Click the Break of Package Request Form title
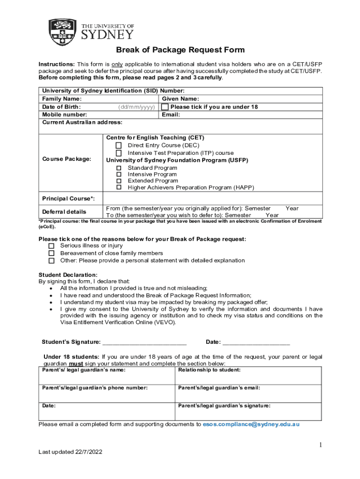pyautogui.click(x=180, y=50)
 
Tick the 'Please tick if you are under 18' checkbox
pyautogui.click(x=165, y=107)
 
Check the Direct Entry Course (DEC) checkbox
pyautogui.click(x=119, y=145)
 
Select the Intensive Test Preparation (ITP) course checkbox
pyautogui.click(x=119, y=153)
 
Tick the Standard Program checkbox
pyautogui.click(x=119, y=168)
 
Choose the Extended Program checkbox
pyautogui.click(x=119, y=181)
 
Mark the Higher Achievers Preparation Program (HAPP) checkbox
pyautogui.click(x=119, y=188)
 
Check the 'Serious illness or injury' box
pyautogui.click(x=51, y=246)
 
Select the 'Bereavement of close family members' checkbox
pyautogui.click(x=51, y=254)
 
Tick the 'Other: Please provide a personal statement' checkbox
pyautogui.click(x=51, y=261)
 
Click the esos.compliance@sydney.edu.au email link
pyautogui.click(x=251, y=424)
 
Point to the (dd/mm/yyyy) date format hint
pyautogui.click(x=137, y=107)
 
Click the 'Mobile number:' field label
pyautogui.click(x=65, y=115)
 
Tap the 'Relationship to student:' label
pyautogui.click(x=209, y=370)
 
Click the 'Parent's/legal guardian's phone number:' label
pyautogui.click(x=95, y=388)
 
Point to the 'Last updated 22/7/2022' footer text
pyautogui.click(x=70, y=452)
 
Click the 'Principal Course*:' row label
pyautogui.click(x=68, y=199)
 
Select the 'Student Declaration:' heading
pyautogui.click(x=68, y=275)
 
